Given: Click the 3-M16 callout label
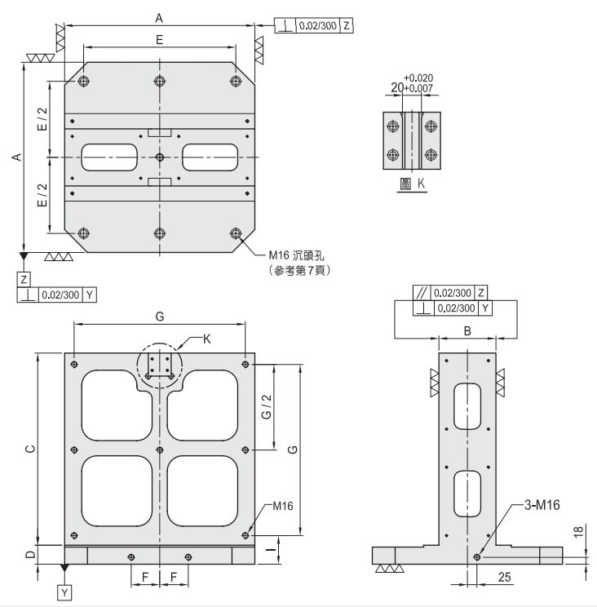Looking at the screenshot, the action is point(542,505).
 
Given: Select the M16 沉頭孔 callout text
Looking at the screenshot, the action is point(296,255).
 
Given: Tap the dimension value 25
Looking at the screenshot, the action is point(504,577).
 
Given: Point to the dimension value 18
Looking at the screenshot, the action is point(578,531).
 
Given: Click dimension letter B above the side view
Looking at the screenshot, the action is point(467,331).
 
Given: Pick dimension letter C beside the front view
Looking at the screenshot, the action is point(30,449).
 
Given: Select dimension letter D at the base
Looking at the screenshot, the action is point(30,554).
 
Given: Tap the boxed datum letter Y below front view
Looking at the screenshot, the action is point(64,592).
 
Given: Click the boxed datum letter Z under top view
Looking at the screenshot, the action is point(24,280).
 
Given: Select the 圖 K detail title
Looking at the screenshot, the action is point(413,184).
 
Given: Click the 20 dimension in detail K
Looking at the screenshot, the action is point(397,87).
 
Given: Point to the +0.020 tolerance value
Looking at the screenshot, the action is point(418,78).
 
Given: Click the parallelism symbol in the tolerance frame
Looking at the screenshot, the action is point(422,293).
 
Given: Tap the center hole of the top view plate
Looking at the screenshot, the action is point(160,157).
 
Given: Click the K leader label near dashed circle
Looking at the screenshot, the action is point(206,339).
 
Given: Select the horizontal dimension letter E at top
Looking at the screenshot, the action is point(159,39).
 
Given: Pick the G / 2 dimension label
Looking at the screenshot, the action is point(267,407).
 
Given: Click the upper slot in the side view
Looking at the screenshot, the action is point(467,406).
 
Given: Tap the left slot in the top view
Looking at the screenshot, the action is point(109,157).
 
